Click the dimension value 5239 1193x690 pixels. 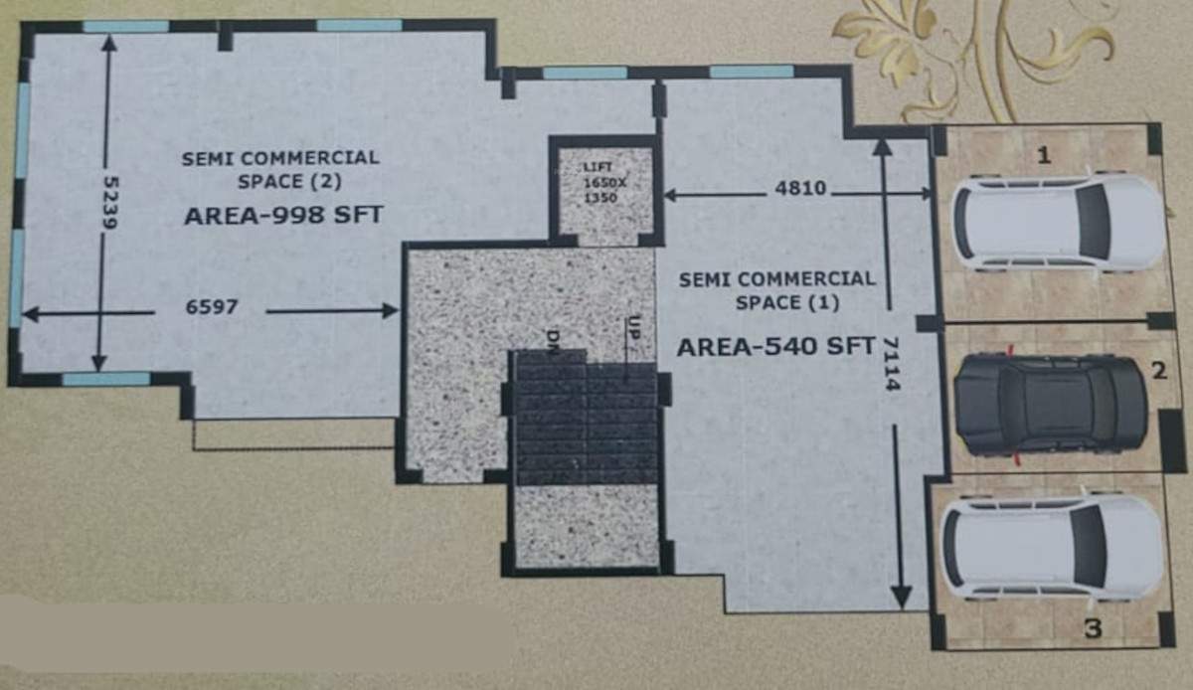[110, 204]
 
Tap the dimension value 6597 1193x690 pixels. [211, 308]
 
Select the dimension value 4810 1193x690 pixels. [800, 188]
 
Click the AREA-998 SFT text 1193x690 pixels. [283, 216]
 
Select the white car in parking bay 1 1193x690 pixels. [1058, 223]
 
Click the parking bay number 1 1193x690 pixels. [1043, 154]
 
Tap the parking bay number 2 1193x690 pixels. [1159, 372]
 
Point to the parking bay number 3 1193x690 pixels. [1093, 628]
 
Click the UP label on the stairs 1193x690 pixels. [632, 330]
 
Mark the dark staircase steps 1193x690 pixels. [585, 418]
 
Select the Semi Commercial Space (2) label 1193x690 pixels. [280, 169]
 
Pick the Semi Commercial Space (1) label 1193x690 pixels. [776, 290]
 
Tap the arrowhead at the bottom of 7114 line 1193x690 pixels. [901, 596]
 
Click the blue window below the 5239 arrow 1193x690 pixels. [106, 379]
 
